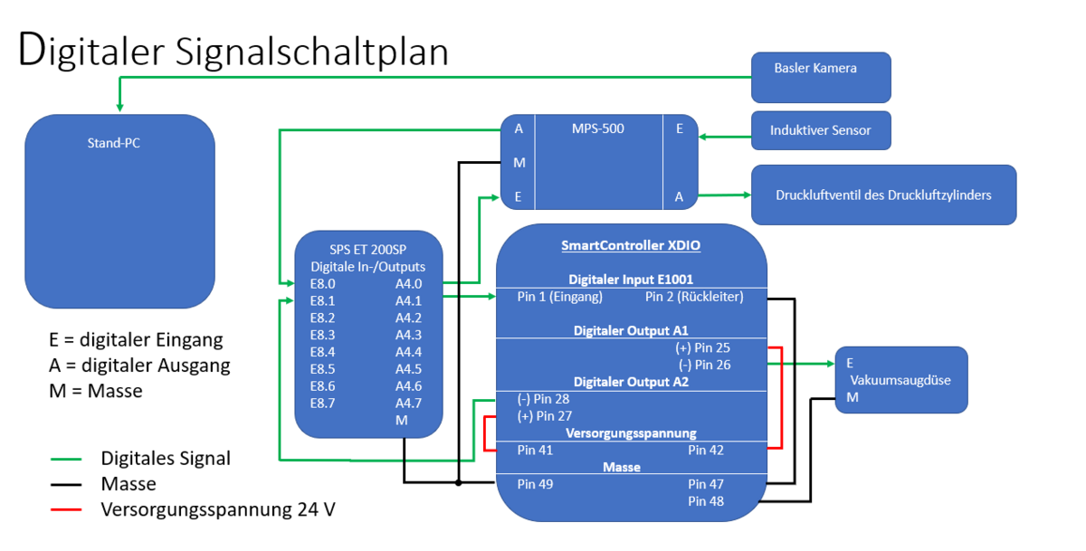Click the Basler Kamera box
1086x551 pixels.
(821, 76)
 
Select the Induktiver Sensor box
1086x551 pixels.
(821, 130)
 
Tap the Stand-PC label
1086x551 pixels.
(113, 143)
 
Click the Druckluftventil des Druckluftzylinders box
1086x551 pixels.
(883, 195)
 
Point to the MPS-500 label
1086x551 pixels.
(598, 128)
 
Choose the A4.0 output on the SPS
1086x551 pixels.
(408, 283)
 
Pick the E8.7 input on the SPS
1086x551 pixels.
(322, 404)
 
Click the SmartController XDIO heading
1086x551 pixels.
(631, 245)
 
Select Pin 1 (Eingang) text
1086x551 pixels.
(559, 297)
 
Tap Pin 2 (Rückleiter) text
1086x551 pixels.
(694, 297)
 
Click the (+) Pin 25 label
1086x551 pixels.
(702, 347)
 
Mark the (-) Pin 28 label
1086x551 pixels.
(543, 399)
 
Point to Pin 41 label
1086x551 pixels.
(535, 450)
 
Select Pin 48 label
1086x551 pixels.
(706, 501)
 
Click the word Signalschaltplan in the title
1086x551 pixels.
(305, 52)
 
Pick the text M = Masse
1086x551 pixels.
(96, 392)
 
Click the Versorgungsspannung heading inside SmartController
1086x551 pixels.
(631, 433)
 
